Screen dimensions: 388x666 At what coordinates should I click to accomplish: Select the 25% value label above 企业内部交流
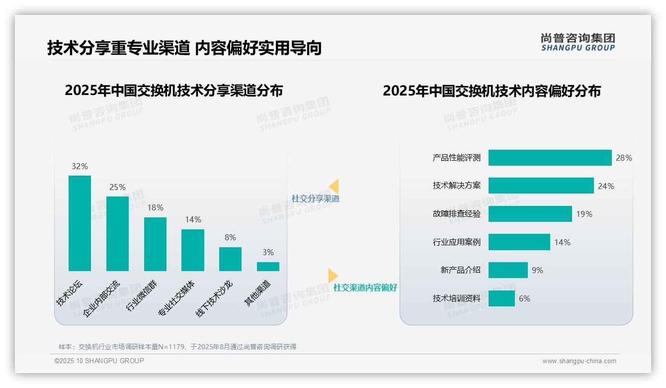[117, 188]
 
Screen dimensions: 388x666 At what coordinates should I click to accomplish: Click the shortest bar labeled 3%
[268, 267]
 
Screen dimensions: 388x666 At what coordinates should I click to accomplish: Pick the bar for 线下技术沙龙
[230, 259]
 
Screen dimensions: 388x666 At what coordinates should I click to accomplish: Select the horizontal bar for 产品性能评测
[550, 158]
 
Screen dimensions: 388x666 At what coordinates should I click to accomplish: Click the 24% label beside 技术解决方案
[606, 186]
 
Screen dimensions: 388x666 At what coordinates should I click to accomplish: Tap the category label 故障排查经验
[457, 214]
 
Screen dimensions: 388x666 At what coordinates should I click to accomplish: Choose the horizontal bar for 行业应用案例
[519, 242]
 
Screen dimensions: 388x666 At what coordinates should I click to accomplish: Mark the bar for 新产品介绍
[508, 270]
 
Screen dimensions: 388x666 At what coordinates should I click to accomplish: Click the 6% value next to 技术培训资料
[524, 298]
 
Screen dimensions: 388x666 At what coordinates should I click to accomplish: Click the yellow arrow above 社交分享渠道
[334, 187]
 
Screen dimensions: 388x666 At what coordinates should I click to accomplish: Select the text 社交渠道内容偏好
[365, 288]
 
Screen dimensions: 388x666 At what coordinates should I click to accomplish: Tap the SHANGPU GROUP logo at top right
[578, 42]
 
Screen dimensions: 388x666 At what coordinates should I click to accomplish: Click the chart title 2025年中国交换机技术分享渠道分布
[174, 91]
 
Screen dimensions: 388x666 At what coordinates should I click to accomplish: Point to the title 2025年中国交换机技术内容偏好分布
[492, 91]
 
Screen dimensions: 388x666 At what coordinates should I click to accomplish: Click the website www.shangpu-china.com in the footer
[579, 361]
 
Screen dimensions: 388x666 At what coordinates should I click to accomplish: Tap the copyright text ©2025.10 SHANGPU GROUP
[99, 361]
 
